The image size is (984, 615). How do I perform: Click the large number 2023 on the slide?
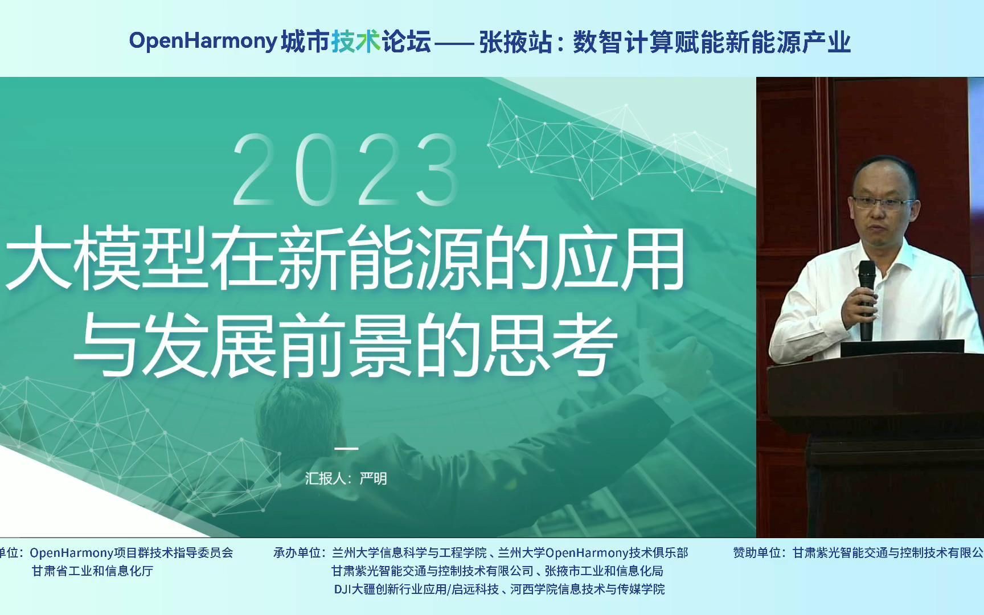point(346,170)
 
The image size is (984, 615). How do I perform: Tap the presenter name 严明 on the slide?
point(374,478)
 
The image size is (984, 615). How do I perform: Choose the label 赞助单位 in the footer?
point(758,553)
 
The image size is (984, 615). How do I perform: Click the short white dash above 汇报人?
point(346,448)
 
